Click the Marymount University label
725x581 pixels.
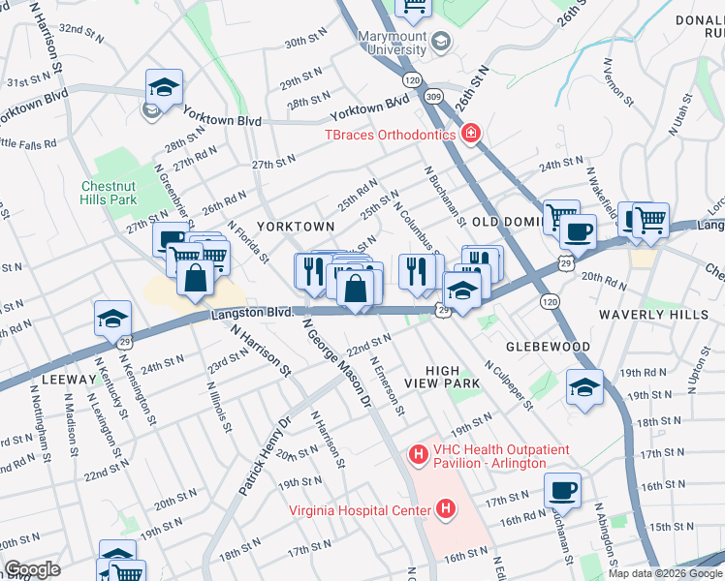coord(392,43)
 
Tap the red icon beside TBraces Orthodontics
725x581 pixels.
coord(471,133)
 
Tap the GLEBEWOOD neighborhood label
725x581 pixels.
coord(548,346)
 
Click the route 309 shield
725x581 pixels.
coord(432,97)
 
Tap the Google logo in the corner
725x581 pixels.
coord(32,569)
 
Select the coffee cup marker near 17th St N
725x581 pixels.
coord(561,489)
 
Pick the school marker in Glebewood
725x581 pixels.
coord(584,386)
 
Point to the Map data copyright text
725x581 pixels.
coord(664,573)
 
